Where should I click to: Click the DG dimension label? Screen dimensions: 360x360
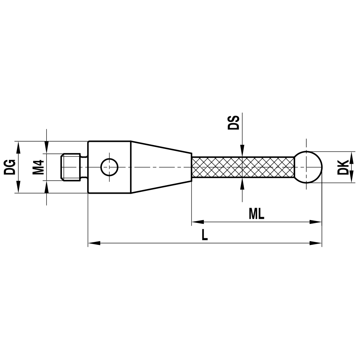tap(10, 167)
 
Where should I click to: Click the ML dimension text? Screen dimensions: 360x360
tap(256, 214)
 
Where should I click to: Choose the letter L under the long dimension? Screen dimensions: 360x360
tap(204, 235)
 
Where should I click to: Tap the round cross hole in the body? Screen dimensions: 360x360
tap(109, 167)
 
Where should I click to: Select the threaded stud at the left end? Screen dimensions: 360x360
tap(71, 167)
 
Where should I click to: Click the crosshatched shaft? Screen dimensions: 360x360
tap(243, 167)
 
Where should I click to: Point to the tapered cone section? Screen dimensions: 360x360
tap(160, 167)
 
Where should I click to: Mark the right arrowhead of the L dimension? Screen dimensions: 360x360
tap(317, 244)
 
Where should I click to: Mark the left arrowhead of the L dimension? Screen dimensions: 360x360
tap(93, 244)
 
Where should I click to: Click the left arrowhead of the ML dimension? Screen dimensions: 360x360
tap(196, 222)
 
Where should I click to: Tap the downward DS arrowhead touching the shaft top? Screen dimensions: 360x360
tap(242, 152)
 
